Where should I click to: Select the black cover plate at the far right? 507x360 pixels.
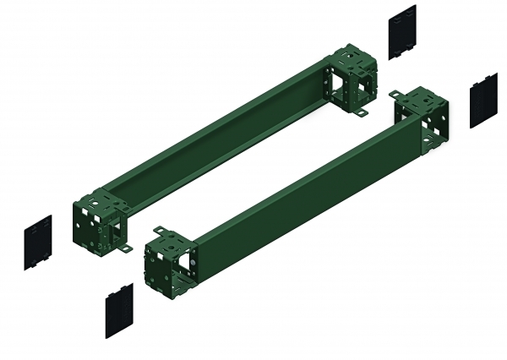tap(484, 100)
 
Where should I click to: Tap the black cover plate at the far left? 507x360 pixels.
tap(37, 243)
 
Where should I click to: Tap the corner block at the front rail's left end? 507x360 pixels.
tap(173, 259)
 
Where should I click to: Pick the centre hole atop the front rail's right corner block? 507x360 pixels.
tap(420, 99)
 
